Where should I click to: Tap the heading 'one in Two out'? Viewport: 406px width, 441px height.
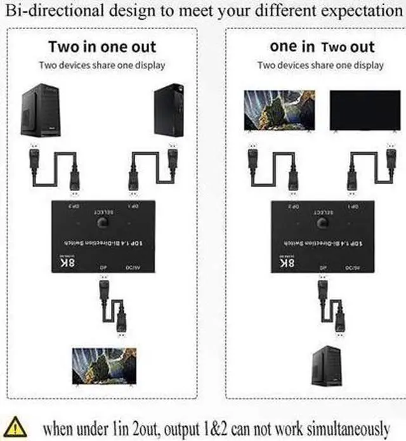click(x=322, y=46)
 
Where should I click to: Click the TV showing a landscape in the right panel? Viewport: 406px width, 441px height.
click(x=280, y=110)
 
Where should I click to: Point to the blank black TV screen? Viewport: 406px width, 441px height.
click(x=364, y=110)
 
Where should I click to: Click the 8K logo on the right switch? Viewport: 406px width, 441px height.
click(x=287, y=261)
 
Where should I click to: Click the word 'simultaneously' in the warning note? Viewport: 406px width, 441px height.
click(x=336, y=427)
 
